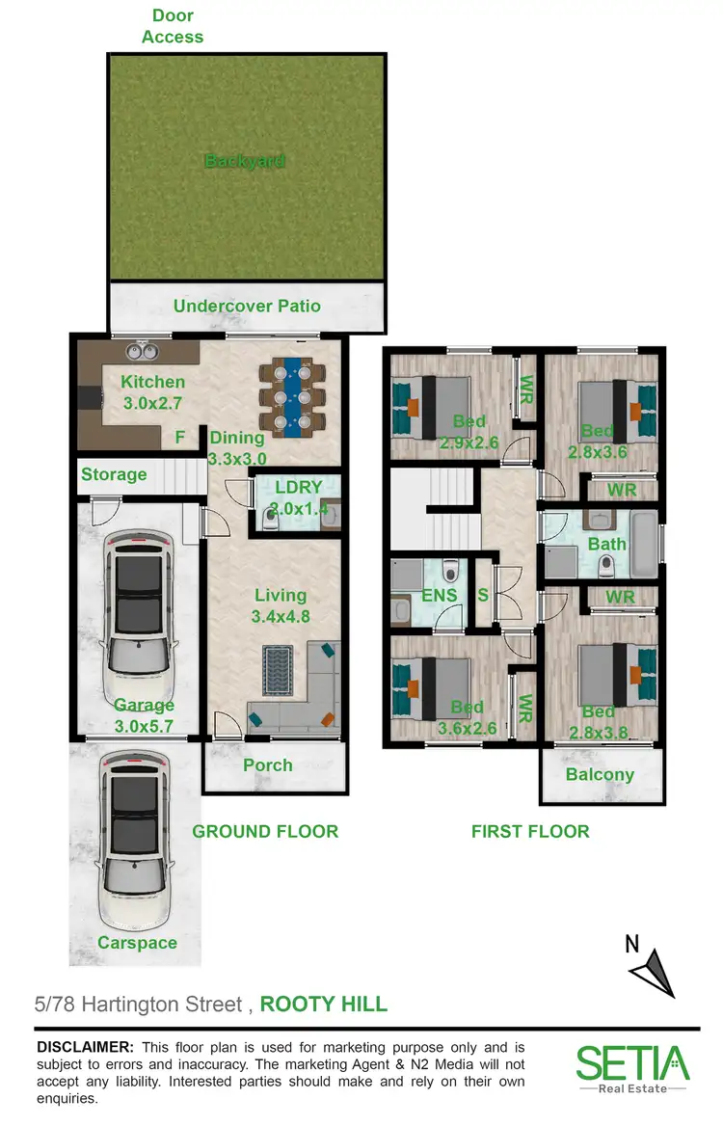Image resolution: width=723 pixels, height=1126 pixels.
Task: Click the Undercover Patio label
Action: click(247, 307)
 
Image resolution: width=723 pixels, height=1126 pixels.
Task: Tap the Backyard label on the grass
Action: click(246, 162)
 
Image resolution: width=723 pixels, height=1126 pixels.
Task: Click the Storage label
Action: click(114, 474)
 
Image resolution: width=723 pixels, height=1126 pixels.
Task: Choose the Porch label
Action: click(268, 764)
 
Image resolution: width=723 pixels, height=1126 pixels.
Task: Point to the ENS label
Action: click(439, 596)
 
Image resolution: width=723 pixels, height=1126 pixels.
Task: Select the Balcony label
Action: click(600, 774)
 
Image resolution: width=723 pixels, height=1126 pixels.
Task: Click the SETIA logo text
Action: click(632, 1063)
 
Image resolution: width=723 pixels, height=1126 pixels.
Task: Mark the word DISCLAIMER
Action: click(85, 1047)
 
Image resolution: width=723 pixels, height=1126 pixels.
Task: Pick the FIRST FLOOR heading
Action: click(529, 831)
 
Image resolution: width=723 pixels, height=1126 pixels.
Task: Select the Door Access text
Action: click(173, 26)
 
